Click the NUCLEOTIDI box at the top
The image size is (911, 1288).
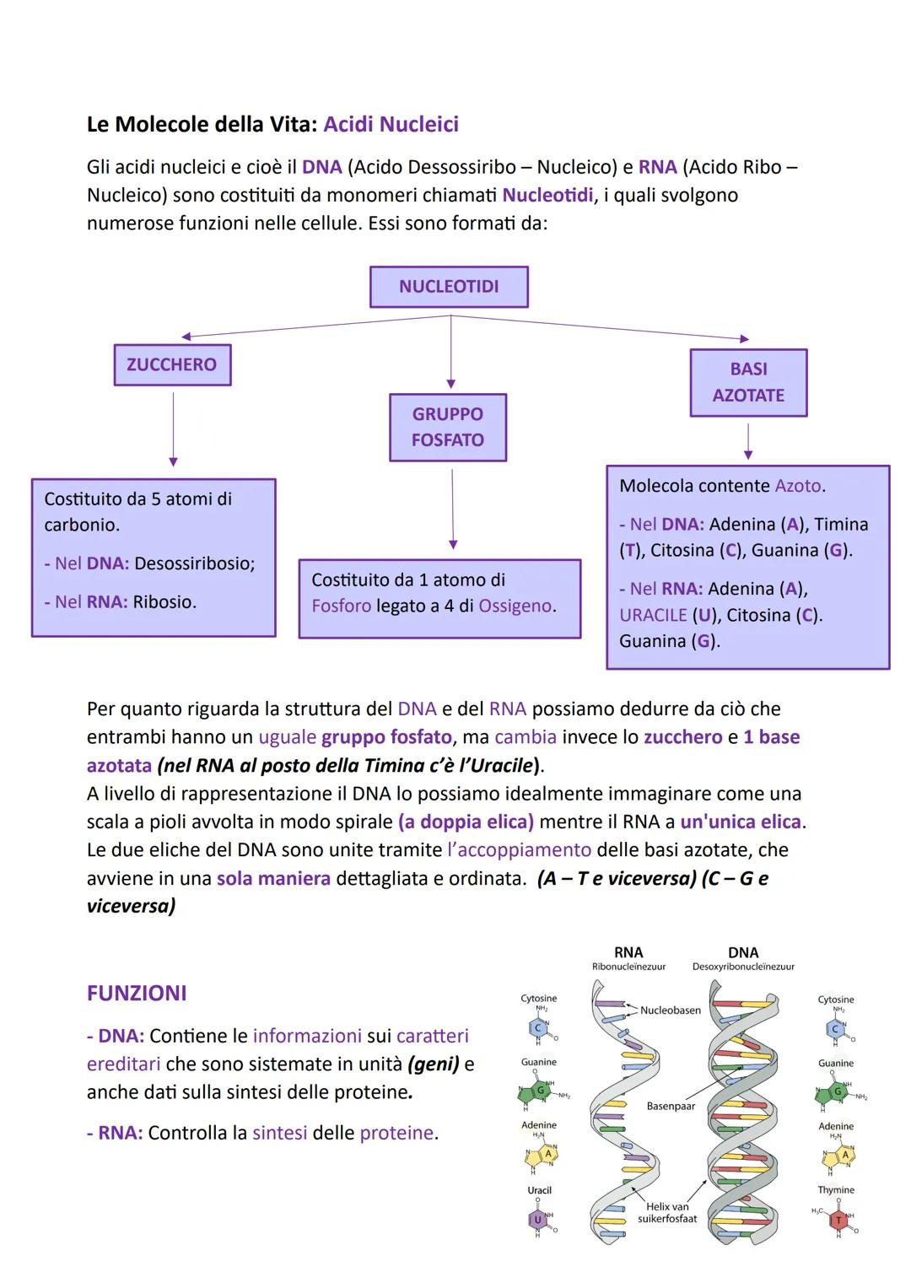(x=449, y=287)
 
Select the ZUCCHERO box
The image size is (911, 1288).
(x=172, y=364)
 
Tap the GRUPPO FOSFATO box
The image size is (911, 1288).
(x=448, y=427)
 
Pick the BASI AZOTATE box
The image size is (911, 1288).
(x=748, y=382)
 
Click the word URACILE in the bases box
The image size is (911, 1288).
(x=653, y=615)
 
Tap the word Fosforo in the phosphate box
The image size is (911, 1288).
(x=341, y=606)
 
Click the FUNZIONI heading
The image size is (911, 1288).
(x=137, y=993)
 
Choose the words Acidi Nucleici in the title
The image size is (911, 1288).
(x=391, y=124)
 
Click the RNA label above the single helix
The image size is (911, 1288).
(x=628, y=952)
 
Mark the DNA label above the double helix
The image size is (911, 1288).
(x=743, y=952)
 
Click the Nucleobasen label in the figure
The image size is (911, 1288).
(x=671, y=1010)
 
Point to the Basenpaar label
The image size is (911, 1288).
(x=671, y=1106)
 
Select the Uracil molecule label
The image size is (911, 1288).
(x=539, y=1190)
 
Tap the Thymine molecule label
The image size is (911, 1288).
(x=836, y=1189)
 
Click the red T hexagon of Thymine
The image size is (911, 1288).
(x=838, y=1220)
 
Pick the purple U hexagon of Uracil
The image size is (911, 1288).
(x=536, y=1220)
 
